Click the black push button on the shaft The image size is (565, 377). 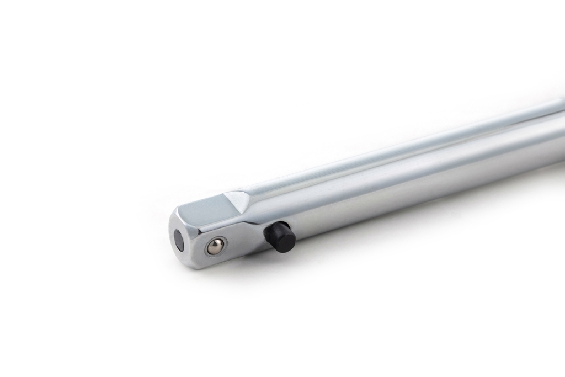coord(280,237)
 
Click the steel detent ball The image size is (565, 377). coord(215,247)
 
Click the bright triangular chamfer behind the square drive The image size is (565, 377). coord(236,200)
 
